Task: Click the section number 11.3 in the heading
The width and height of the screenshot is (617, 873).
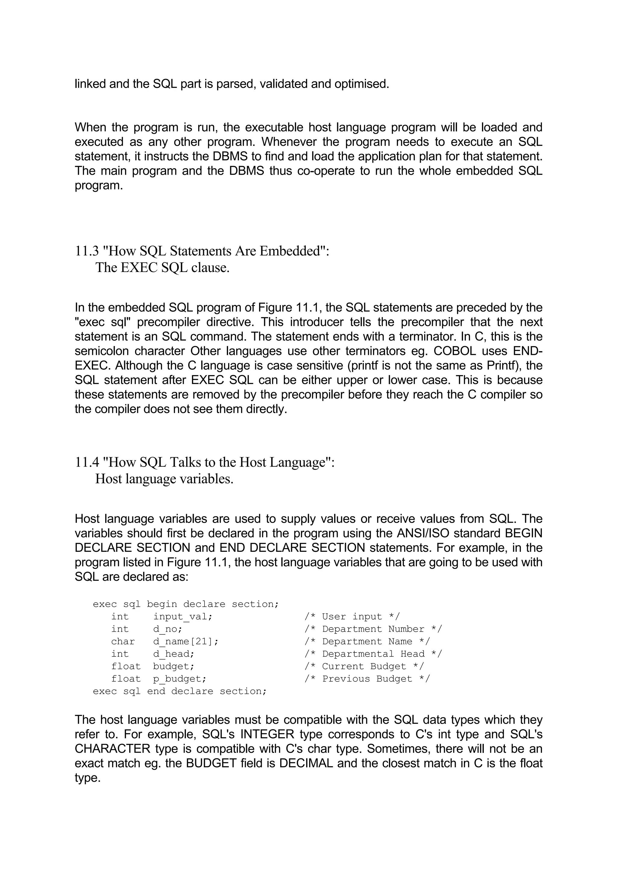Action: click(x=87, y=251)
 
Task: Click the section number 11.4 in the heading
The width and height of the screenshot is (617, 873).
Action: click(x=87, y=462)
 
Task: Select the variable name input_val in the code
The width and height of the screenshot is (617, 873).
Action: click(x=183, y=616)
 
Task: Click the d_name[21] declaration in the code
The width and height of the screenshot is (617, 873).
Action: click(x=186, y=641)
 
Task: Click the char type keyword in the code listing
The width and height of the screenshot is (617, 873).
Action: click(x=123, y=641)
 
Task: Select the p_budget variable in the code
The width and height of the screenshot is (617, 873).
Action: click(x=180, y=679)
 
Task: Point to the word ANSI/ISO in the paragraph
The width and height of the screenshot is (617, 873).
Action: click(x=423, y=533)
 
